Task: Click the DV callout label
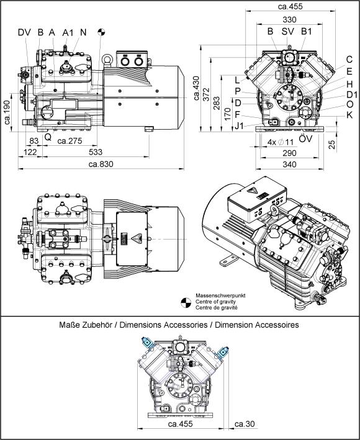[x=24, y=32]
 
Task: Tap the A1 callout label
[x=67, y=32]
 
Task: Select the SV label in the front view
[x=287, y=32]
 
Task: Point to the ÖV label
[x=305, y=138]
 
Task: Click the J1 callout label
[x=239, y=126]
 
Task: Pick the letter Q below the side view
[x=48, y=137]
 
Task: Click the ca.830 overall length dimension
[x=101, y=164]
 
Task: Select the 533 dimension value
[x=96, y=152]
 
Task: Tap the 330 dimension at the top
[x=289, y=19]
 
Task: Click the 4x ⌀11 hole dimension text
[x=281, y=142]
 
